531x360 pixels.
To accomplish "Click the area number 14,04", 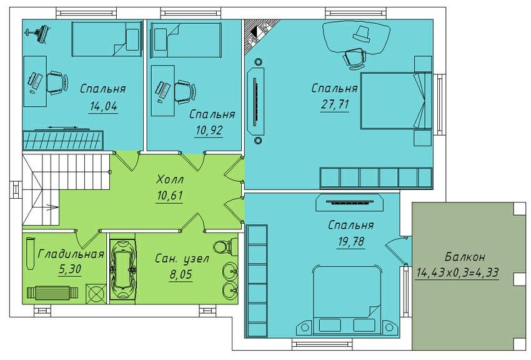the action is click(103, 106).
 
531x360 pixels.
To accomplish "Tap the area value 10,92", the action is click(209, 131).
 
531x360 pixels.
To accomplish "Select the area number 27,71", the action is click(335, 104).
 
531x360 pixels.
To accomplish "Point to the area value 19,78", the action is click(351, 241).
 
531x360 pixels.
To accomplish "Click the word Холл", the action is click(170, 179).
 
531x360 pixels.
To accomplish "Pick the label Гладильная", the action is click(71, 254).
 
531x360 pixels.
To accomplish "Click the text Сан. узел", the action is click(182, 259).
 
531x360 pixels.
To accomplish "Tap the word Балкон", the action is click(465, 257).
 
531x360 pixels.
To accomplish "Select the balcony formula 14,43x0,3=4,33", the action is click(457, 272).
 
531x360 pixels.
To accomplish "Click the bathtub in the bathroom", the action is click(122, 269).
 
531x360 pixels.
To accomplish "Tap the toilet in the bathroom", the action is click(226, 245).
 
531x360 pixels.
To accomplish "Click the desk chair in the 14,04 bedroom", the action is click(56, 82).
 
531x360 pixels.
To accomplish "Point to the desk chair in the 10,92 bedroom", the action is click(184, 91).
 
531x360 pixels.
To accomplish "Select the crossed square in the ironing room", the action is click(96, 293).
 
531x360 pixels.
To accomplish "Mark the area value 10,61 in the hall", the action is click(170, 196).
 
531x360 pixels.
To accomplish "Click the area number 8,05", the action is click(181, 274).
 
